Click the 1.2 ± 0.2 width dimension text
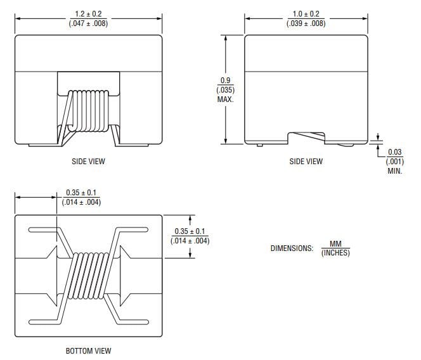88,13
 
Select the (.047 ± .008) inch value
88,23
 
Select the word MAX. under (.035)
224,99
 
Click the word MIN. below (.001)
394,171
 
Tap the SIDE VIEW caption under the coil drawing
88,162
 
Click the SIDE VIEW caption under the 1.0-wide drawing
306,162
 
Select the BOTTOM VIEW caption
88,350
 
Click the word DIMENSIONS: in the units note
292,248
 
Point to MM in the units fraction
335,244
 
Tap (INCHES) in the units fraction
335,254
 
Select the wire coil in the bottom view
89,273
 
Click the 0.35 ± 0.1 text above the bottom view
81,193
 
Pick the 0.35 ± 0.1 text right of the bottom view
190,231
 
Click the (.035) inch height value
224,89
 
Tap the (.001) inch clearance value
394,161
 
